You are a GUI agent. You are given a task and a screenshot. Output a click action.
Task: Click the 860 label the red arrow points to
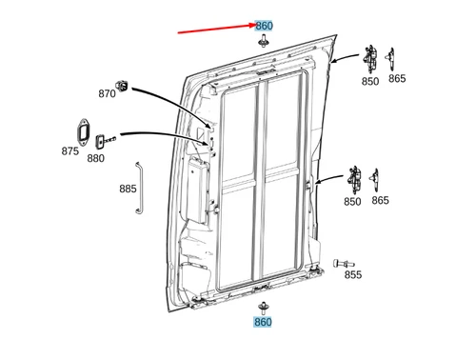(x=264, y=25)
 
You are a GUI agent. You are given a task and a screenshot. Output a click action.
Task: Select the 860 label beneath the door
(x=263, y=322)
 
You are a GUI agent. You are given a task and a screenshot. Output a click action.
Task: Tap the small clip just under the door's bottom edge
(x=263, y=307)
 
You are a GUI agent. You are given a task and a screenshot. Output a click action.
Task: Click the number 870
(x=107, y=93)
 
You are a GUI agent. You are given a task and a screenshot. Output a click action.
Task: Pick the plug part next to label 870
(x=123, y=86)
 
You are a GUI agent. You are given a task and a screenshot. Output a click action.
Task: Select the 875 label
(x=70, y=151)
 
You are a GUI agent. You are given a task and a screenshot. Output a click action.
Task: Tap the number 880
(x=96, y=158)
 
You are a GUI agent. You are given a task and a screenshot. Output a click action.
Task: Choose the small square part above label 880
(x=99, y=141)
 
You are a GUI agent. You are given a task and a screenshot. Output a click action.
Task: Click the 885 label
(x=129, y=189)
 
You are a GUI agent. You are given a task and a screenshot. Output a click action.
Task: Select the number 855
(x=352, y=275)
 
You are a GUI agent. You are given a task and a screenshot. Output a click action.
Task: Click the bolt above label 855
(x=344, y=259)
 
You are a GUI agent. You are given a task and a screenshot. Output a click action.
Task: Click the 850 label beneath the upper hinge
(x=369, y=81)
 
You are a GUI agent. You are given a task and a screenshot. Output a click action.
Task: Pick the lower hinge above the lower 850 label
(x=355, y=177)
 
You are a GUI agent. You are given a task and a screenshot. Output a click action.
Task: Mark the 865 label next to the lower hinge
(x=380, y=201)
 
